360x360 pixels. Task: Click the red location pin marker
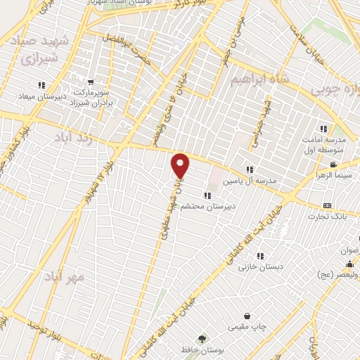[x=181, y=165]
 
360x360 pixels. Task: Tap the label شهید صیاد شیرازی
[x=29, y=51]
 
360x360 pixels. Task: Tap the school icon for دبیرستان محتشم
[x=207, y=195]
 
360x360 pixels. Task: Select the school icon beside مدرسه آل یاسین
[x=249, y=169]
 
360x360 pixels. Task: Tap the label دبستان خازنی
[x=255, y=267]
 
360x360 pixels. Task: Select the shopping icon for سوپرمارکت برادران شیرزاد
[x=91, y=82]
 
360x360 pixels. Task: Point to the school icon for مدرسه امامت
[x=324, y=129]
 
